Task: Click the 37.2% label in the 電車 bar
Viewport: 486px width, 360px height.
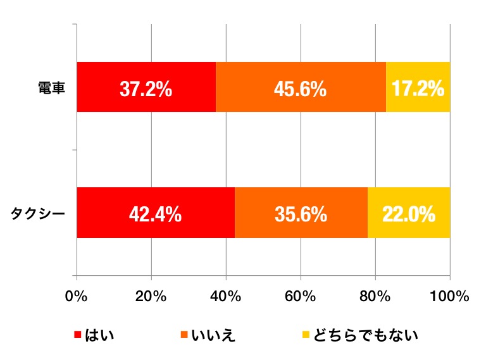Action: (x=146, y=89)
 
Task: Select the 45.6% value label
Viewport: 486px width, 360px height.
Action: (x=301, y=89)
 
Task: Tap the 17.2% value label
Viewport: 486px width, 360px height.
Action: (x=418, y=89)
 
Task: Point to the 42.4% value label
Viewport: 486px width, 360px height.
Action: (x=156, y=214)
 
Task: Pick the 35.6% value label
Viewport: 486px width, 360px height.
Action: (x=301, y=214)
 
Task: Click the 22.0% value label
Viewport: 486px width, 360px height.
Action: (x=409, y=214)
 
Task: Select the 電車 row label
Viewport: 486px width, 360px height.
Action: (x=51, y=87)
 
